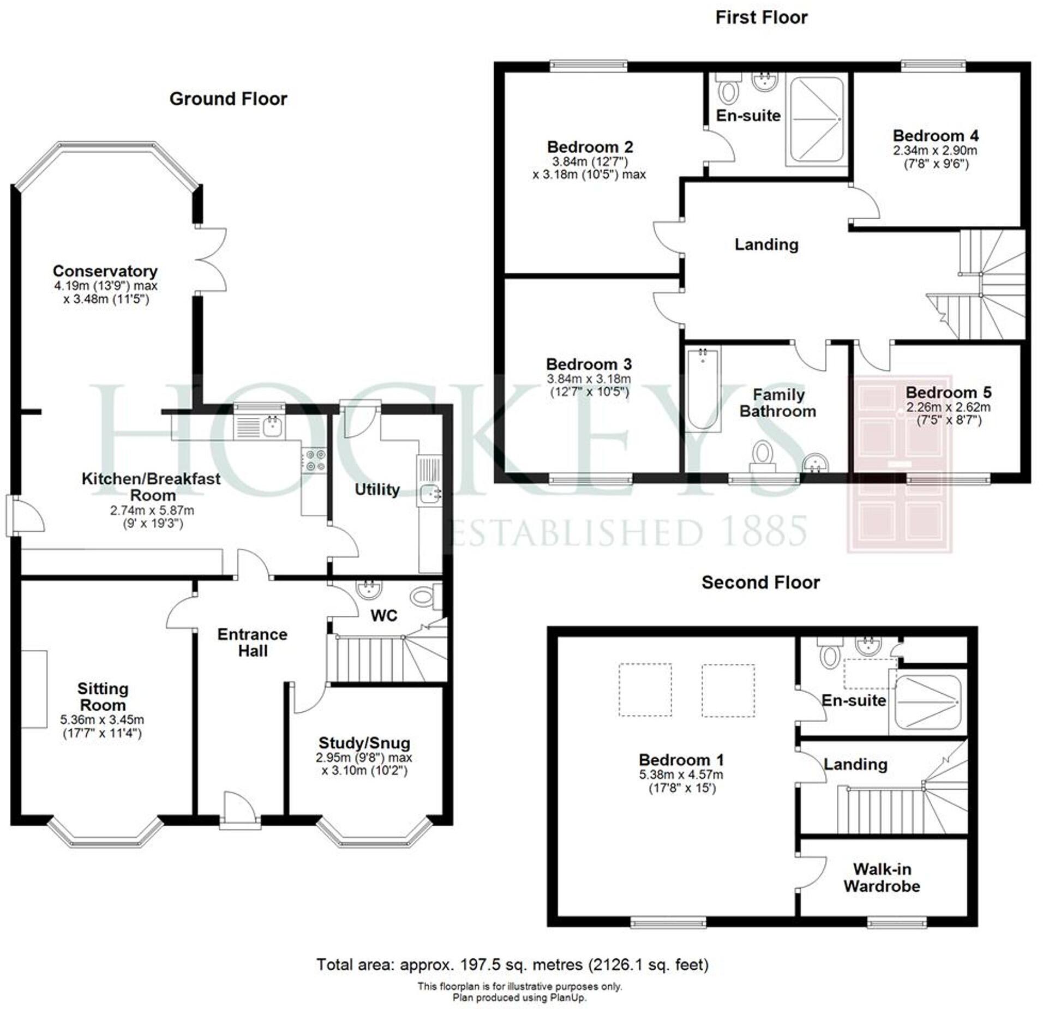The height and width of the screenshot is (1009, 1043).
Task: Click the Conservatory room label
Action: [105, 271]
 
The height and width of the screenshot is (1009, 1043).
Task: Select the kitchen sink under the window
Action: [272, 427]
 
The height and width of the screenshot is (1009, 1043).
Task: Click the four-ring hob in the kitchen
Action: [315, 459]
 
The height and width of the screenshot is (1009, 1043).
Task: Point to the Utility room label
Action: [377, 489]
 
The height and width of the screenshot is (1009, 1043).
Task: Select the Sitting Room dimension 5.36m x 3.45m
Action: [102, 720]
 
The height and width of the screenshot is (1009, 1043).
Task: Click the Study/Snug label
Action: [364, 743]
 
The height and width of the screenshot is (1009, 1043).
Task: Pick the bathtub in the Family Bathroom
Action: [703, 389]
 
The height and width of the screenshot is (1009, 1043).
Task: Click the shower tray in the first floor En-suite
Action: [816, 119]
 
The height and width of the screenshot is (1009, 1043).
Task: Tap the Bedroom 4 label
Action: [935, 135]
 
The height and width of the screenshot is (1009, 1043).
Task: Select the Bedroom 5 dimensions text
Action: [948, 413]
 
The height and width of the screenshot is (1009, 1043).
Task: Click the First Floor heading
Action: [761, 17]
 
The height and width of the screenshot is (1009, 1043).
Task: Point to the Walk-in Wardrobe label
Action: [882, 878]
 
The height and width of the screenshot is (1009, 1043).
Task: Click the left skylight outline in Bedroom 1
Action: [645, 689]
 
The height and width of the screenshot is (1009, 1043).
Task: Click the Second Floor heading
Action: [760, 582]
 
